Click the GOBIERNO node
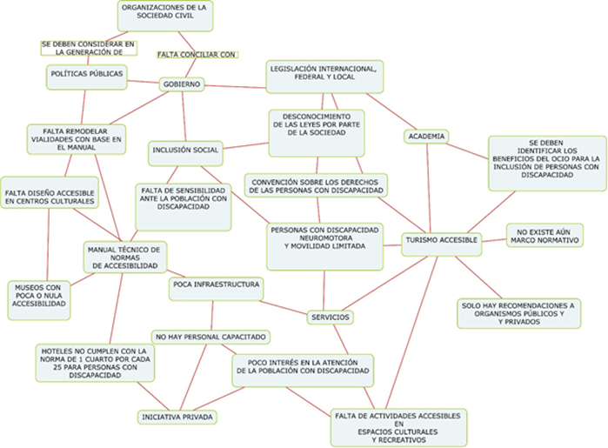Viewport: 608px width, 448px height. point(182,84)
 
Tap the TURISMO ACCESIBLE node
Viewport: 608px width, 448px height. point(441,239)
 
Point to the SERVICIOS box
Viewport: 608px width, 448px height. point(330,318)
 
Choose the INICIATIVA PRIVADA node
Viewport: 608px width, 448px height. point(177,418)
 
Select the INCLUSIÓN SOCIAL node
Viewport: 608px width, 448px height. point(184,150)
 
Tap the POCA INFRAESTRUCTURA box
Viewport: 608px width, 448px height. point(216,284)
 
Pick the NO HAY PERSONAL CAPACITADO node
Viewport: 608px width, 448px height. point(211,336)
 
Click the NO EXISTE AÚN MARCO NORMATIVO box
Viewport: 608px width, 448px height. point(545,236)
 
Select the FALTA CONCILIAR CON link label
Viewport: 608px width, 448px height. point(197,54)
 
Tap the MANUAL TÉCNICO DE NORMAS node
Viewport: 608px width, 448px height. point(125,256)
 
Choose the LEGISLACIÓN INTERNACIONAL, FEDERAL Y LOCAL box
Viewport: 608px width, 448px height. point(324,77)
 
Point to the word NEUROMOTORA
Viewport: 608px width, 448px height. point(324,237)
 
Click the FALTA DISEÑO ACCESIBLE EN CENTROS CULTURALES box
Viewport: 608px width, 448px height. point(50,196)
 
